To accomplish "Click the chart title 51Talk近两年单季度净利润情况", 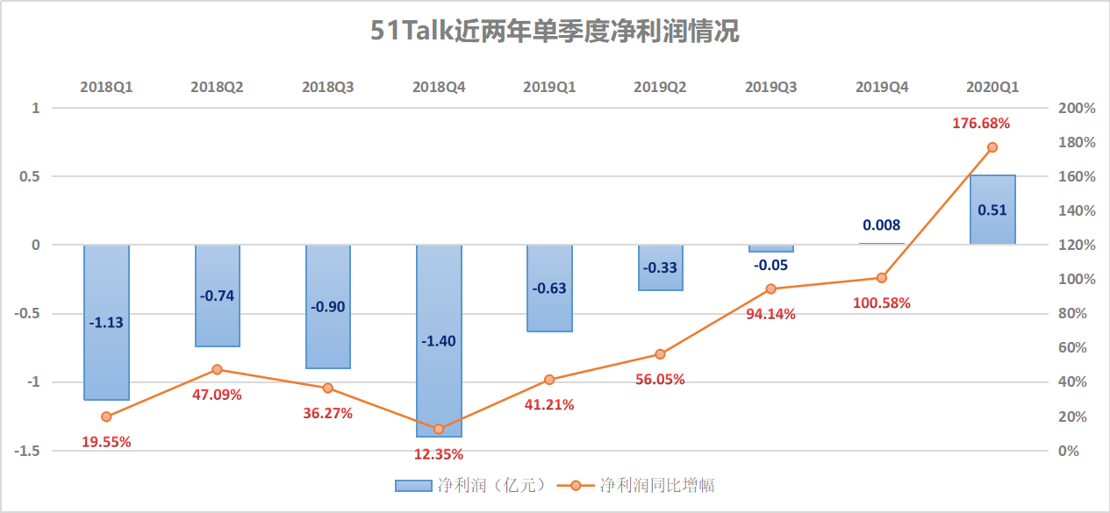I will [555, 32].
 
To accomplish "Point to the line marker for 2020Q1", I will [992, 147].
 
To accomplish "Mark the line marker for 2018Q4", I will [439, 429].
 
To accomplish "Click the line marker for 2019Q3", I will [771, 289].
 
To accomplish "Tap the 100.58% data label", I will [882, 303].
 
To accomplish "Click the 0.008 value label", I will [882, 225].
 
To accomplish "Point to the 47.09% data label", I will [217, 395].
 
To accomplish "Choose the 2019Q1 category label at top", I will [549, 87].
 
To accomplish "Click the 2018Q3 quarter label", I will [328, 87].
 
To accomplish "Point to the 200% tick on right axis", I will [1077, 108].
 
